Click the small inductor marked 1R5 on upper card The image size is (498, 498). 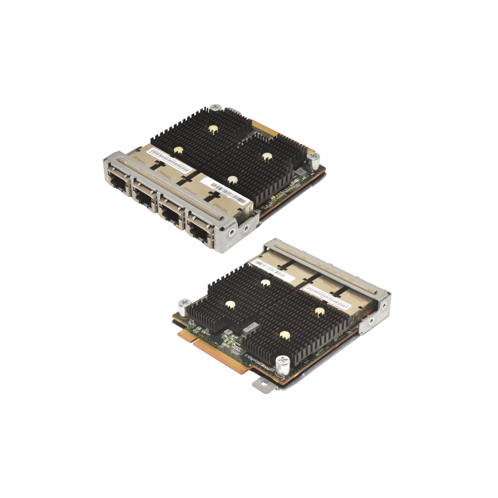click(300, 173)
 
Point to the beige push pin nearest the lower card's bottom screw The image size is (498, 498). click(284, 335)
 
